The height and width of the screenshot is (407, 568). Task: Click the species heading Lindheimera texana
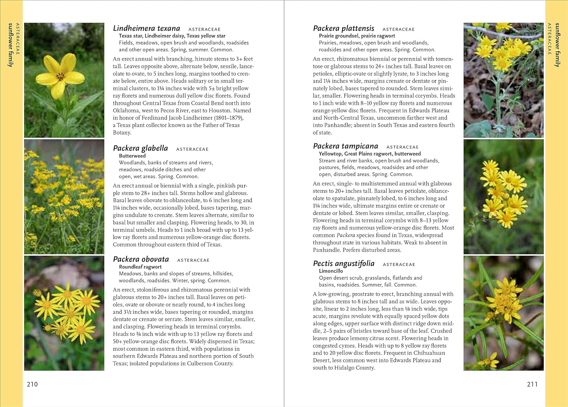[x=147, y=28]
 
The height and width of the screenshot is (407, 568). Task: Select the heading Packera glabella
[x=140, y=148]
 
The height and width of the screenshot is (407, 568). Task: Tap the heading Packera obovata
[x=141, y=259]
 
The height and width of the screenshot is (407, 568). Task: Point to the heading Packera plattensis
[x=343, y=28]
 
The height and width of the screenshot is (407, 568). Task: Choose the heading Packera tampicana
[x=345, y=146]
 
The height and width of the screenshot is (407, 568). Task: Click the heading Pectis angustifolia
[x=343, y=264]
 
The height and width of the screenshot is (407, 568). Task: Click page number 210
[x=32, y=384]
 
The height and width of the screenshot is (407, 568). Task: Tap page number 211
[x=532, y=384]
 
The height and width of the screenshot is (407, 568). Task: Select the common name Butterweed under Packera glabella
[x=132, y=156]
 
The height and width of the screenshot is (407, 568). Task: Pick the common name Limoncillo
[x=331, y=271]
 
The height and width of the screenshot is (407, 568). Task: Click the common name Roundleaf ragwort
[x=140, y=267]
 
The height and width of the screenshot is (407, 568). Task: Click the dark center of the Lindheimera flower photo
[x=61, y=77]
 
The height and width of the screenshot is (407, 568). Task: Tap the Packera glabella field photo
[x=64, y=197]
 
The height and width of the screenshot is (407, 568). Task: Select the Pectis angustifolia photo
[x=503, y=313]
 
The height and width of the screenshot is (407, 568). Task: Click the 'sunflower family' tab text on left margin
[x=10, y=45]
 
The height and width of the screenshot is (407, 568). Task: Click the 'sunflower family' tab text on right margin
[x=557, y=45]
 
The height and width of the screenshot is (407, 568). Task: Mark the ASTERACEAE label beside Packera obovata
[x=193, y=260]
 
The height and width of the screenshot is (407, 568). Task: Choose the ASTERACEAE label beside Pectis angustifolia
[x=399, y=264]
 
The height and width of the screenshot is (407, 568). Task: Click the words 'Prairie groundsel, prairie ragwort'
[x=357, y=36]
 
